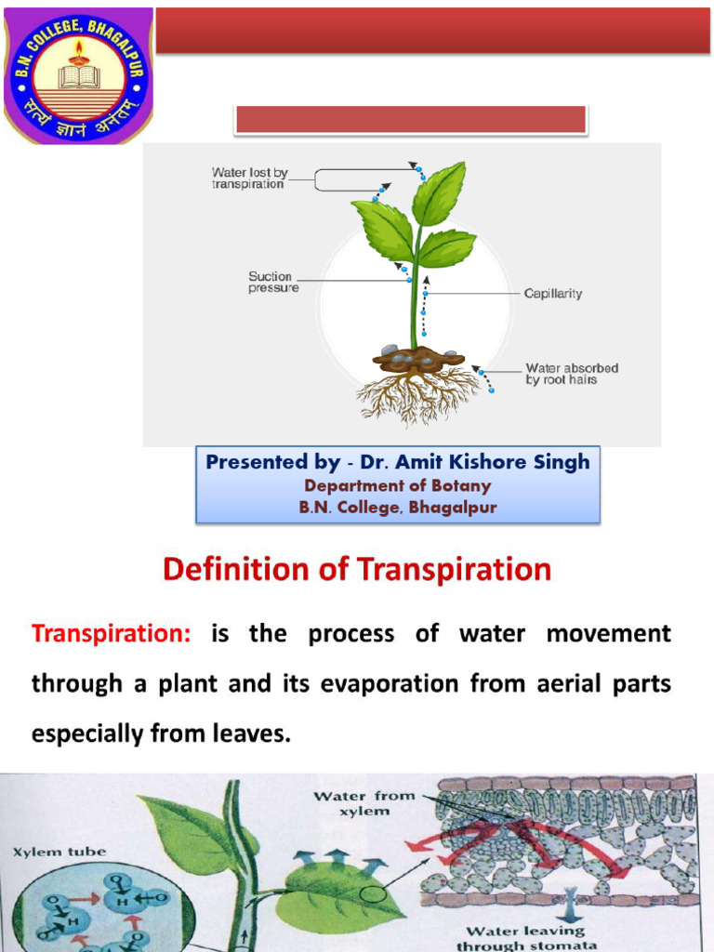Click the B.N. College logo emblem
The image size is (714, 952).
[x=78, y=76]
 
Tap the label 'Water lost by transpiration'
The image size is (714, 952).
[x=247, y=178]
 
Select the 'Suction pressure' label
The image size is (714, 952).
[x=271, y=282]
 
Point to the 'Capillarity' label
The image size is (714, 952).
[x=553, y=294]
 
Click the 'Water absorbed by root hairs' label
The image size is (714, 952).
[x=572, y=374]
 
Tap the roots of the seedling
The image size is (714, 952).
[x=417, y=396]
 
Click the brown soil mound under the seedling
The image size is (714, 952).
[x=417, y=358]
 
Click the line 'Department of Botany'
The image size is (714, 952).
[x=397, y=485]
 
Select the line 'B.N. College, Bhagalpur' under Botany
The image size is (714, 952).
[x=397, y=508]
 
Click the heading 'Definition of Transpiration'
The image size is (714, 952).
[x=357, y=569]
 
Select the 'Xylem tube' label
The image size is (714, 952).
[x=59, y=851]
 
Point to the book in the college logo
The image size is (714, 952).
[x=79, y=76]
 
